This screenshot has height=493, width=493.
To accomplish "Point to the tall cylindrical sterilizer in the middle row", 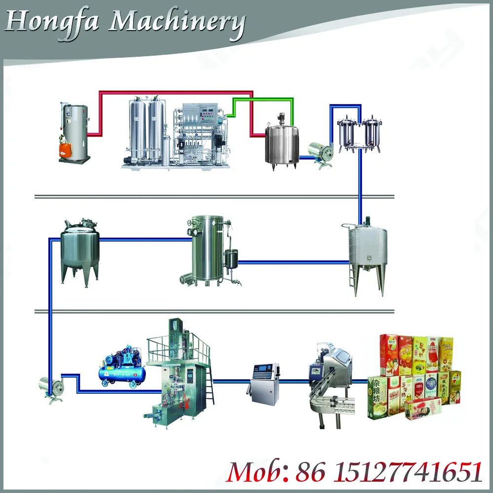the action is [x=207, y=249].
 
